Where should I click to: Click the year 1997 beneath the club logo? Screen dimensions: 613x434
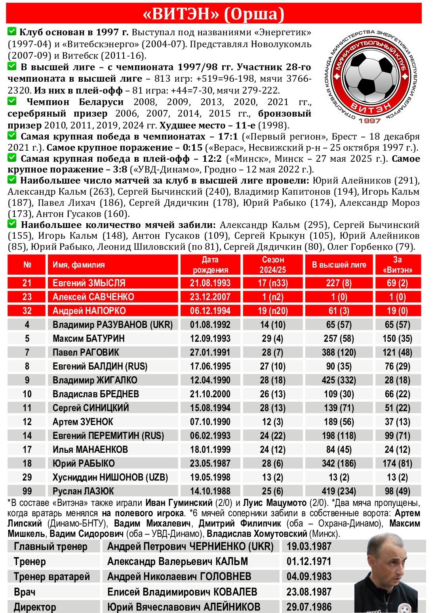pyautogui.click(x=369, y=121)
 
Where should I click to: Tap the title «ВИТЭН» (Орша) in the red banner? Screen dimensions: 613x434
pyautogui.click(x=213, y=14)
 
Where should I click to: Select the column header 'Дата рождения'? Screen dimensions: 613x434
pyautogui.click(x=210, y=265)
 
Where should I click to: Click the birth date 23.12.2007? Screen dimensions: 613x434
pyautogui.click(x=210, y=297)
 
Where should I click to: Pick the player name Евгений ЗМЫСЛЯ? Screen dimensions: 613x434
pyautogui.click(x=89, y=283)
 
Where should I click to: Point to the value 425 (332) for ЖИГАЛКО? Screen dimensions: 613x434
pyautogui.click(x=339, y=380)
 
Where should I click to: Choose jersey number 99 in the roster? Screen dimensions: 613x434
pyautogui.click(x=27, y=491)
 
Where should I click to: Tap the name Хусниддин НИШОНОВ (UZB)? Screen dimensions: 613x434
pyautogui.click(x=110, y=477)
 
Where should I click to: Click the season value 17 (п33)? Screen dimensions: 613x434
pyautogui.click(x=273, y=283)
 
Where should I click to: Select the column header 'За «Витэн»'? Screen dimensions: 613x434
pyautogui.click(x=398, y=265)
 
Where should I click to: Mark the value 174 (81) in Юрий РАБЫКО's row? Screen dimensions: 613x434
pyautogui.click(x=398, y=464)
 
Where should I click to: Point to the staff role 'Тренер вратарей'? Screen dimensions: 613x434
pyautogui.click(x=52, y=577)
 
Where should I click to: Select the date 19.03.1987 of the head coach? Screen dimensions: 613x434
pyautogui.click(x=309, y=546)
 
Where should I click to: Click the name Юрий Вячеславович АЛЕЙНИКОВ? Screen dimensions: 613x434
pyautogui.click(x=184, y=607)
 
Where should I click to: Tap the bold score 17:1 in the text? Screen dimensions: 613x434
pyautogui.click(x=228, y=137)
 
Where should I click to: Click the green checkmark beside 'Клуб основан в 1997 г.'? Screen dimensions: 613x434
pyautogui.click(x=12, y=31)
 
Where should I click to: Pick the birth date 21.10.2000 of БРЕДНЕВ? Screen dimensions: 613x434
pyautogui.click(x=210, y=394)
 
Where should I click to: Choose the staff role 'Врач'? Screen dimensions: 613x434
pyautogui.click(x=25, y=592)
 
